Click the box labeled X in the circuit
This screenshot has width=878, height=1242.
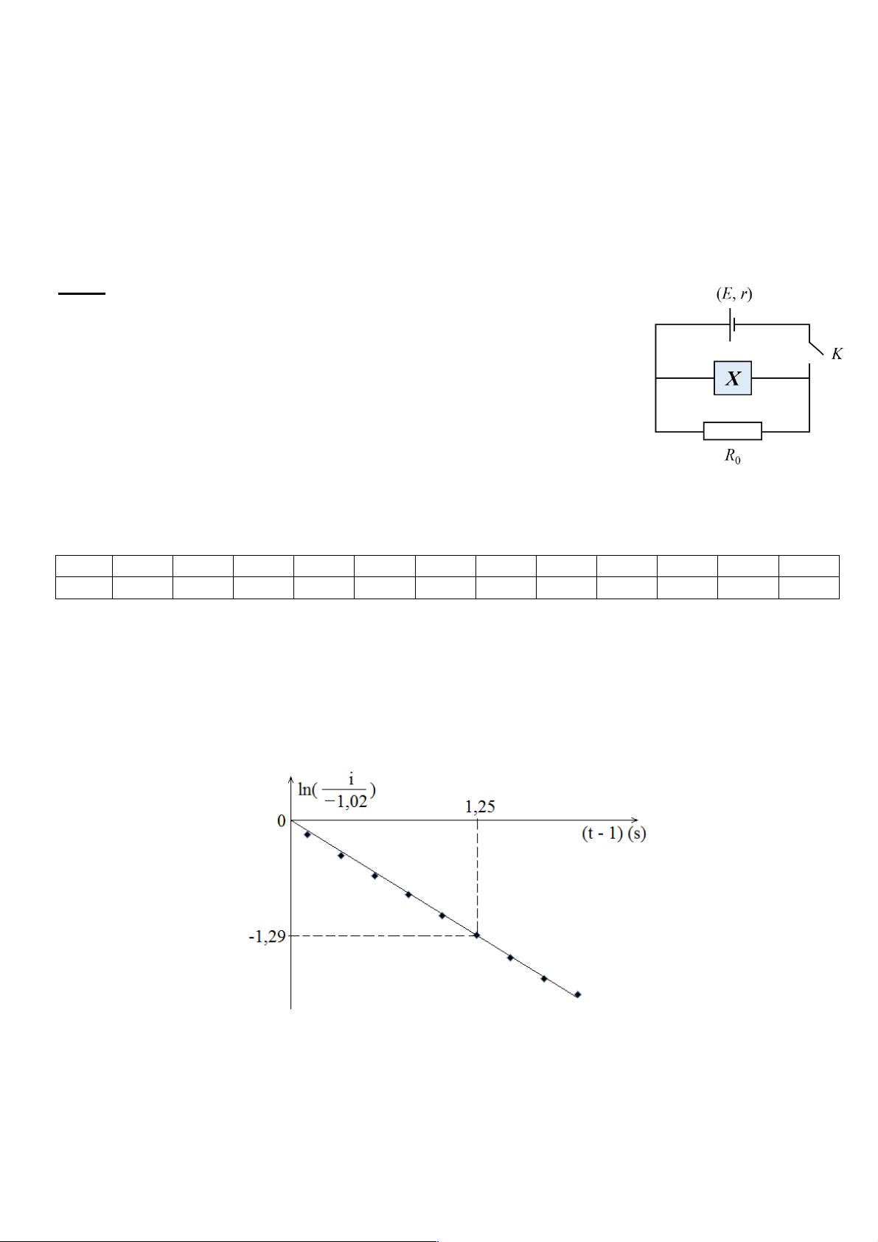pos(732,378)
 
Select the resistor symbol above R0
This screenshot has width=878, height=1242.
pos(732,430)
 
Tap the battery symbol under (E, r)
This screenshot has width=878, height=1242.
pos(732,324)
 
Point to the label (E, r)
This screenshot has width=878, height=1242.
pos(734,294)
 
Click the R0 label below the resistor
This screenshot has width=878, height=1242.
pos(732,456)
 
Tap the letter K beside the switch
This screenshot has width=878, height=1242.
pos(837,354)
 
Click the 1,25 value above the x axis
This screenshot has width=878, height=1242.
pos(480,806)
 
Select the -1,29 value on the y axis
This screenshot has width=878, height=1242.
pos(268,937)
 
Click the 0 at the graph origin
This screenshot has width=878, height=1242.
pos(281,821)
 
